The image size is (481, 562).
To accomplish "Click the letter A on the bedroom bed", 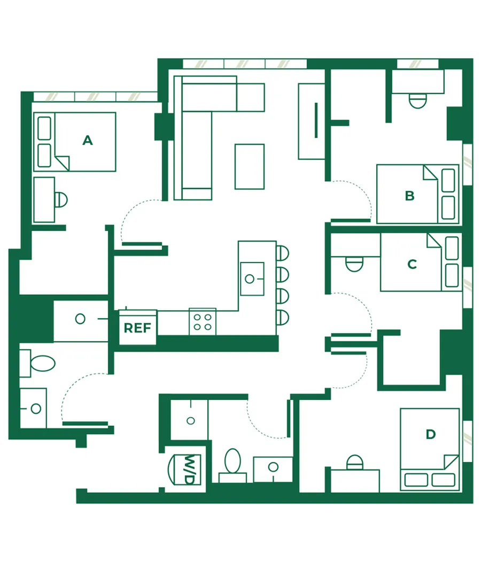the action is point(88,140).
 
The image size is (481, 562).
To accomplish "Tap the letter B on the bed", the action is point(410,196).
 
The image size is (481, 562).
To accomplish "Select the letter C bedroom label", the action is point(412,264).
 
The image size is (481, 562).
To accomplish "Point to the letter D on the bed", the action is point(431,434).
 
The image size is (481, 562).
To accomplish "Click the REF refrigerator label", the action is point(137,328).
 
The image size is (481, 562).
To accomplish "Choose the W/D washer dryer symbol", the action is point(185,469).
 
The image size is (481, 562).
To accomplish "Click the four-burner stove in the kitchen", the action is point(203,321).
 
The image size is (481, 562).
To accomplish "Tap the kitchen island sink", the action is point(252,279).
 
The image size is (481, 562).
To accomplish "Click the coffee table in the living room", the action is point(250,167).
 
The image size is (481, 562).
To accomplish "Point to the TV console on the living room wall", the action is point(312,121).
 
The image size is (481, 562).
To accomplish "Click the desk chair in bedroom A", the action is point(61,200).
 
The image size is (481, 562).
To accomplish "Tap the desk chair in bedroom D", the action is point(355,462).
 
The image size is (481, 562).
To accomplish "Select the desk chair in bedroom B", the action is point(417,101).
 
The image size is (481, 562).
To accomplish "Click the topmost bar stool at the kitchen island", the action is point(282,253).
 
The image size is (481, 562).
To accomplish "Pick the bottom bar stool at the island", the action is point(282,318).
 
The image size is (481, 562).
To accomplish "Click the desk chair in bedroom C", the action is point(354,264).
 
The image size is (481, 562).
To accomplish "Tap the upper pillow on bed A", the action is point(44,128).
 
